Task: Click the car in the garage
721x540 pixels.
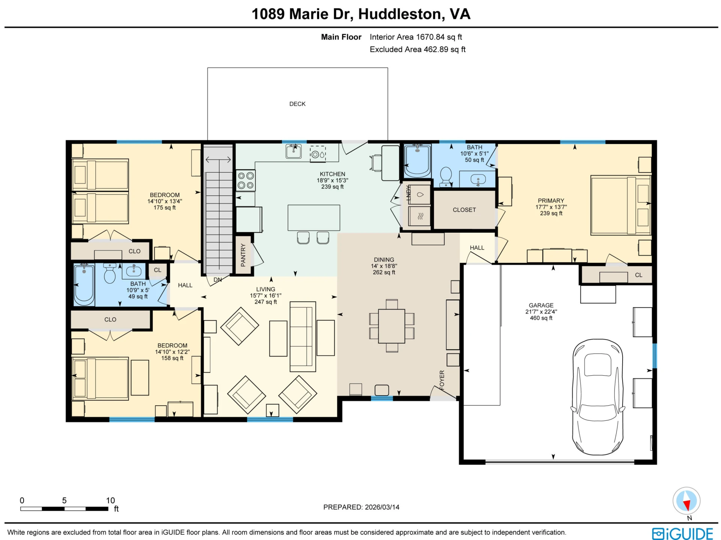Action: point(597,397)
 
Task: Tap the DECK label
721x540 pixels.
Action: point(297,104)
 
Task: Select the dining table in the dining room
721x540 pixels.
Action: point(392,326)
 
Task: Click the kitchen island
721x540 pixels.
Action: point(314,218)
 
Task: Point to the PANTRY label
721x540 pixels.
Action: point(243,255)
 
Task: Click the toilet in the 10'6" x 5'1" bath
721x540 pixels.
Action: point(446,177)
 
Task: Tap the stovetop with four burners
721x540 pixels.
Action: point(246,181)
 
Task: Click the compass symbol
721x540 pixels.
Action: point(686,501)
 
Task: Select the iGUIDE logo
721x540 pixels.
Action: point(682,533)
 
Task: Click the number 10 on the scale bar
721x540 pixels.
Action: point(110,500)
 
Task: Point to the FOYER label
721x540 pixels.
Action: point(442,380)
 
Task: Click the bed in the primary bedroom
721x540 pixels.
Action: point(621,205)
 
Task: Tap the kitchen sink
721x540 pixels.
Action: point(294,151)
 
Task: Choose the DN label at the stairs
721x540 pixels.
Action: point(218,280)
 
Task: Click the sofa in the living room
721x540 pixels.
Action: point(303,337)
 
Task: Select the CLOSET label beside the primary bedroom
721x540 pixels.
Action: point(464,210)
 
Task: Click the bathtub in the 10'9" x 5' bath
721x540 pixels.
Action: point(84,285)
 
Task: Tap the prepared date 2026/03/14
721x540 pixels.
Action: point(382,507)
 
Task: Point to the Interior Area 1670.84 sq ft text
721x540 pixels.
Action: point(416,37)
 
